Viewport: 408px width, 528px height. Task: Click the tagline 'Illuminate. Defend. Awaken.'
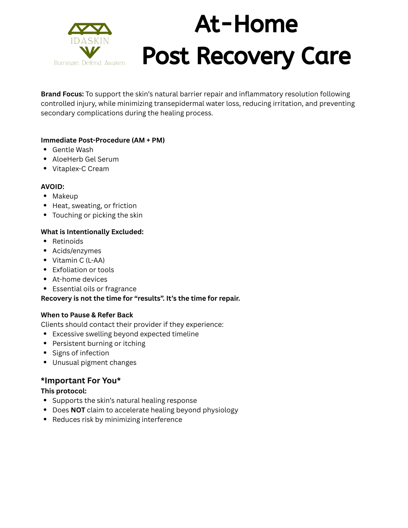pyautogui.click(x=90, y=63)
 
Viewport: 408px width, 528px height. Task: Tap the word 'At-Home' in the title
pyautogui.click(x=246, y=24)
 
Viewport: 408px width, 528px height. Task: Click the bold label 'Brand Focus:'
pyautogui.click(x=62, y=94)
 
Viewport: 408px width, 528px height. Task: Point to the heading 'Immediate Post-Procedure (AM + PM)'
pyautogui.click(x=103, y=140)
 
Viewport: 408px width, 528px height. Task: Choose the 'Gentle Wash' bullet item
pyautogui.click(x=73, y=150)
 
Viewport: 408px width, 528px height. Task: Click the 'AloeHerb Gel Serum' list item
pyautogui.click(x=85, y=159)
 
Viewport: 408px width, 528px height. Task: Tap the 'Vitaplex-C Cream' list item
pyautogui.click(x=81, y=169)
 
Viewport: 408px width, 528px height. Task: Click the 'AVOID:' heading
pyautogui.click(x=52, y=187)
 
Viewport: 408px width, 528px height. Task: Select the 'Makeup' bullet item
pyautogui.click(x=65, y=196)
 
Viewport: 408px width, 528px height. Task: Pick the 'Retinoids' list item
pyautogui.click(x=68, y=241)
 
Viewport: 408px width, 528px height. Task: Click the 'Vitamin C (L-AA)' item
pyautogui.click(x=78, y=260)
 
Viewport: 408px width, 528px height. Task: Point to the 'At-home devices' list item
pyautogui.click(x=80, y=279)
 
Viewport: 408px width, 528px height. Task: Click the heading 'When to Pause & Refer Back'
pyautogui.click(x=87, y=315)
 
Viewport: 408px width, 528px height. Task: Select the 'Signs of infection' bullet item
pyautogui.click(x=81, y=353)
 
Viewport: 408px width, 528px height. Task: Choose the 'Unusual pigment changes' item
pyautogui.click(x=94, y=363)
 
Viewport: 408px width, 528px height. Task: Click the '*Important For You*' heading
pyautogui.click(x=81, y=381)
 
